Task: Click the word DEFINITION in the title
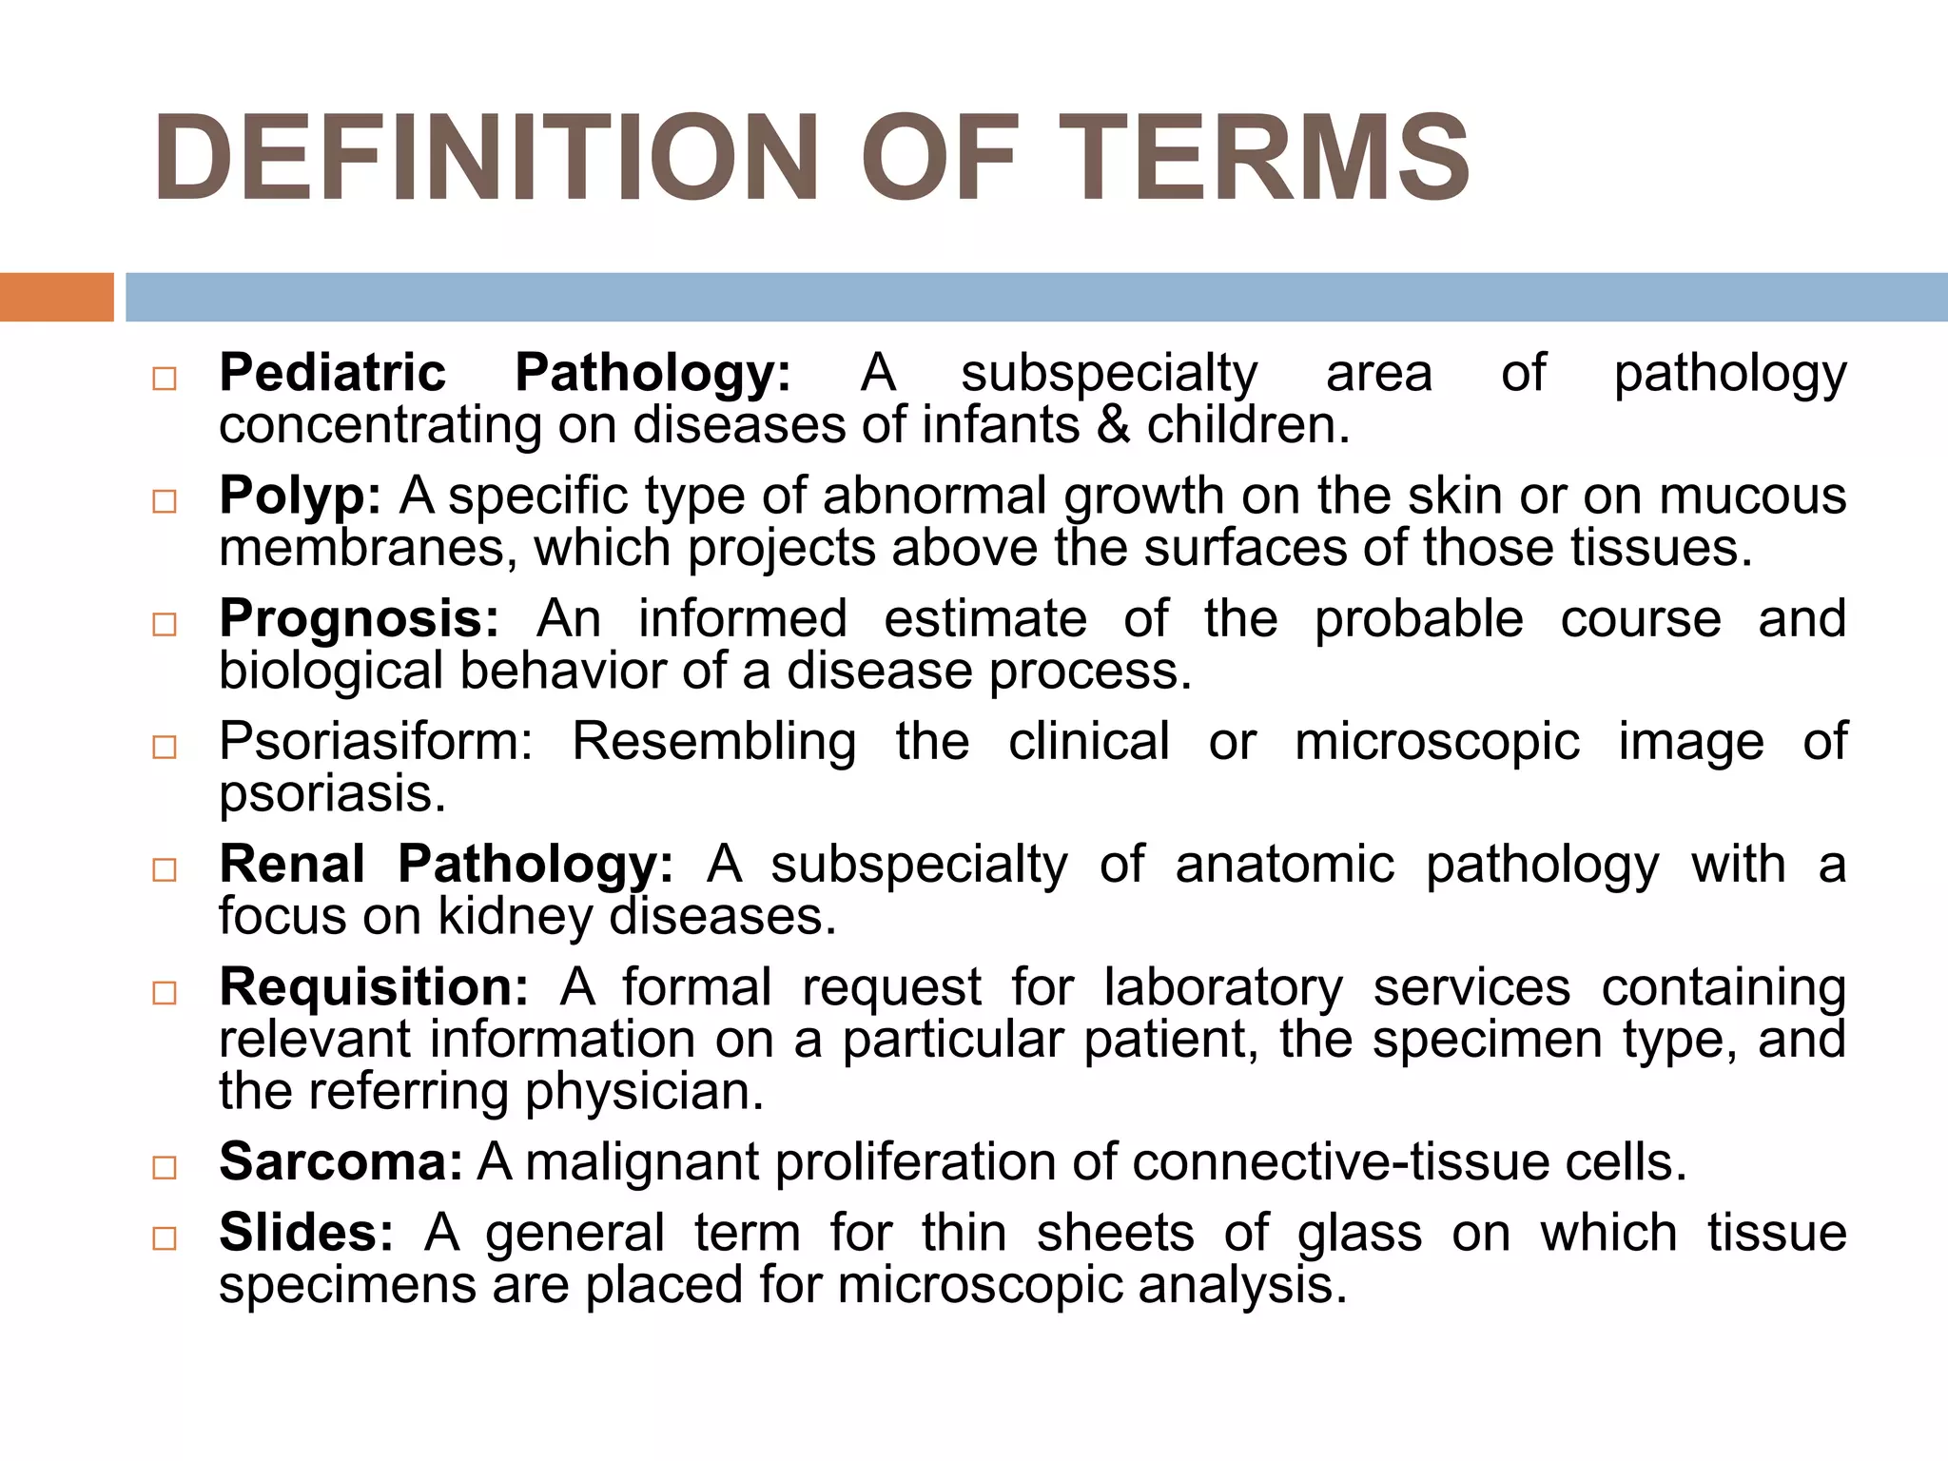coord(485,158)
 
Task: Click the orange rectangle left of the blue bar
coord(56,297)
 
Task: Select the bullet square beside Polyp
coord(165,501)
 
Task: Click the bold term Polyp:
coord(301,497)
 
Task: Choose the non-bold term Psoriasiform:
coord(377,742)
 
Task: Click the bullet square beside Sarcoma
coord(165,1168)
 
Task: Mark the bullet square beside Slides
coord(165,1238)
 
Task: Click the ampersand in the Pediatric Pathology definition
coord(1112,426)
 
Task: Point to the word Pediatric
coord(332,373)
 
